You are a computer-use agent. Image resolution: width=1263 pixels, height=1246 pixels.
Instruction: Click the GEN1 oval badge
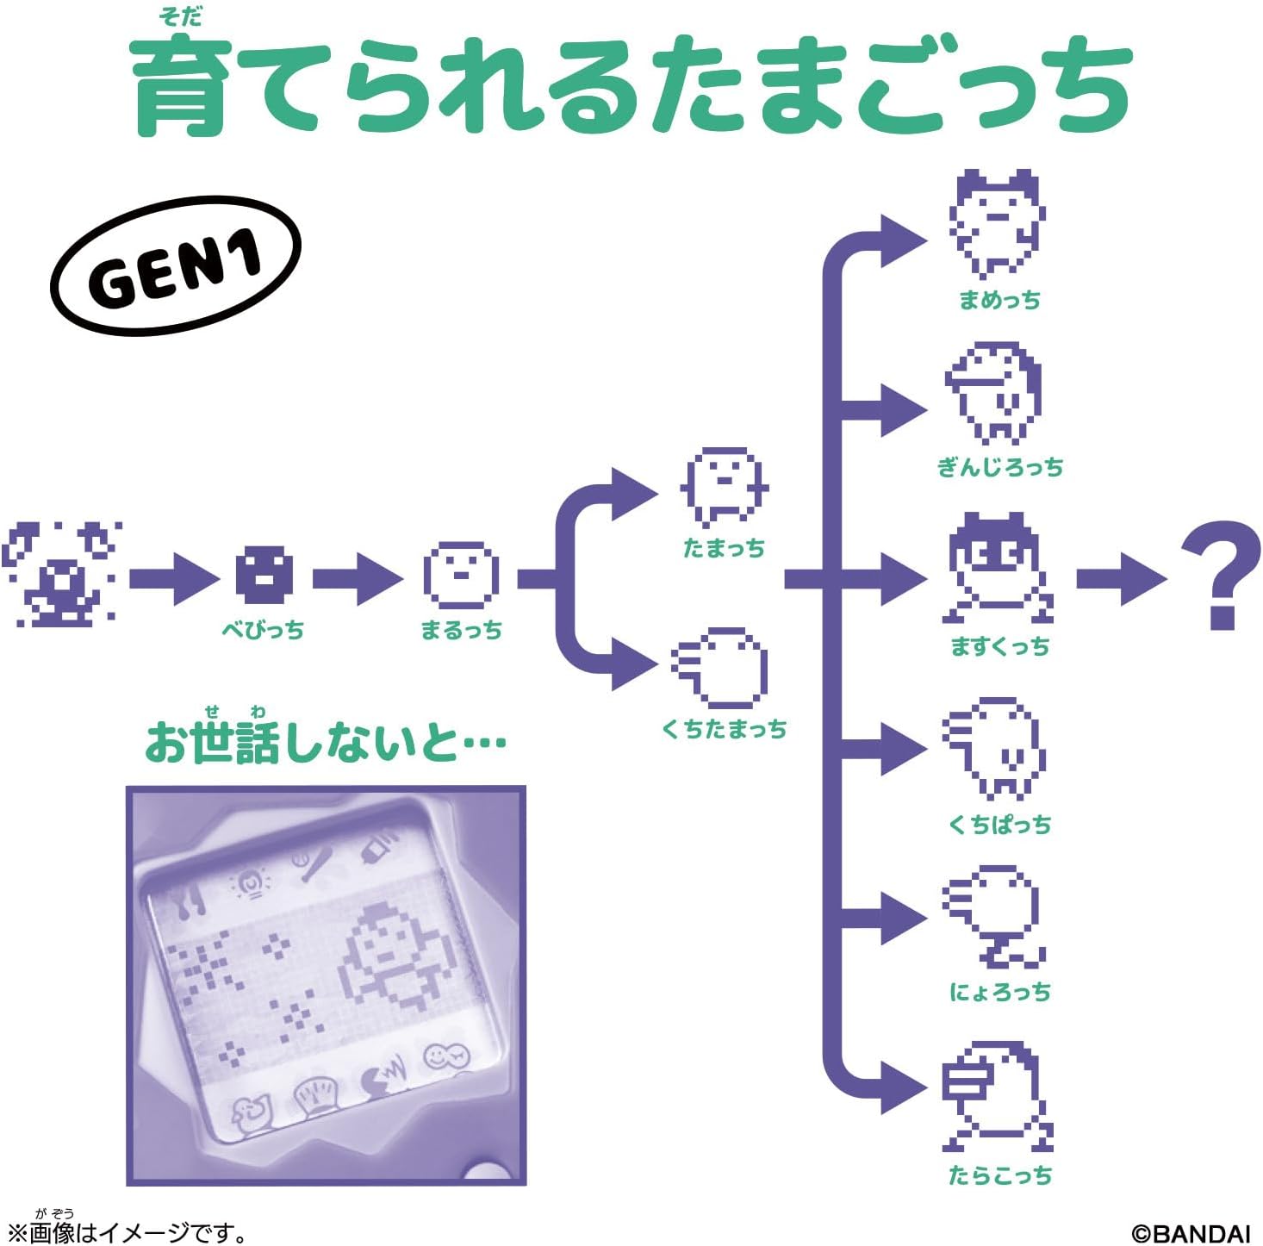click(176, 265)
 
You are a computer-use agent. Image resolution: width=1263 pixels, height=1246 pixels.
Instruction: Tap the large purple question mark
click(1221, 575)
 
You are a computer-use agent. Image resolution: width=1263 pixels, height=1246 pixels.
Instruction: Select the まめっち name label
click(999, 301)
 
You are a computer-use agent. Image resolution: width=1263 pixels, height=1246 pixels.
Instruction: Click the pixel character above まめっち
click(997, 223)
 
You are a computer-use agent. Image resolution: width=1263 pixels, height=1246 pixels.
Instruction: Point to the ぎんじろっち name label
click(999, 468)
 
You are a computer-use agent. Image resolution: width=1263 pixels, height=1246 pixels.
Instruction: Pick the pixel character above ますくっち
click(998, 568)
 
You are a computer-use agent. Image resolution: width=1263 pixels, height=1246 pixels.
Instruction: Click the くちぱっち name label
click(999, 825)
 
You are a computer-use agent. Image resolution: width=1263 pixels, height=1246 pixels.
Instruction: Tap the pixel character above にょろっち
click(993, 917)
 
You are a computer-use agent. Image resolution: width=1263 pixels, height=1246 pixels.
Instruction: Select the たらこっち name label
click(1000, 1175)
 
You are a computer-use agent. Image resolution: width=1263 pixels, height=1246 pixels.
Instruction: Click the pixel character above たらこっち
click(998, 1096)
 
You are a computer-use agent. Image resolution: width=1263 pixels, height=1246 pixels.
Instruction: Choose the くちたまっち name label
click(724, 729)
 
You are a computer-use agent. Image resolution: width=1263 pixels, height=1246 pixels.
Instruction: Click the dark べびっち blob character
click(264, 575)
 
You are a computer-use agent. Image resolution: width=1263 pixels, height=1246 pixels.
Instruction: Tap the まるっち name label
click(462, 630)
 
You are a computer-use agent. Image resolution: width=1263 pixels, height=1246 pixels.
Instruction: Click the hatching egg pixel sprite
click(62, 575)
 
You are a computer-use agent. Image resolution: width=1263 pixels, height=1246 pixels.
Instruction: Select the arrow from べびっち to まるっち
click(358, 579)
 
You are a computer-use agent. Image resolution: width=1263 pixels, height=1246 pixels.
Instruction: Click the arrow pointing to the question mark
click(1122, 579)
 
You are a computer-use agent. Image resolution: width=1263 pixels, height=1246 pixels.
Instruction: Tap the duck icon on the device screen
click(251, 1116)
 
